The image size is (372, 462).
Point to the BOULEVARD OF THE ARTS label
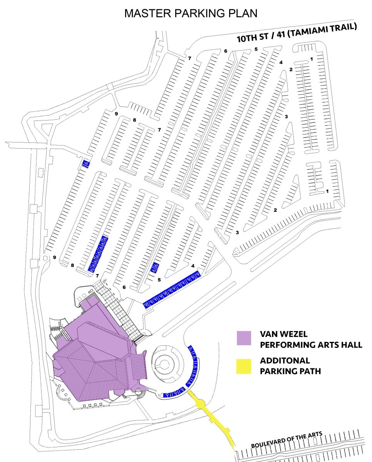tap(287, 439)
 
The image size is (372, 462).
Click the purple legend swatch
tap(244, 338)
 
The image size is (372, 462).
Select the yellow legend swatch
tap(244, 366)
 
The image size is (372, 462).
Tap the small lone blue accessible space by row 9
tap(86, 164)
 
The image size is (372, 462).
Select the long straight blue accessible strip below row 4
tap(172, 290)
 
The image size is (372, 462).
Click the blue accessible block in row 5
tap(155, 267)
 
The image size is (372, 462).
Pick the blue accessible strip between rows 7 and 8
tap(99, 254)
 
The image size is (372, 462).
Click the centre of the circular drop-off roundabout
tap(167, 364)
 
